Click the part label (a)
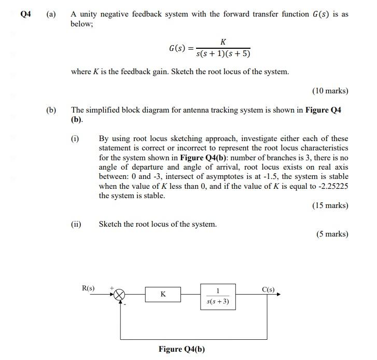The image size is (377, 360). pos(51,15)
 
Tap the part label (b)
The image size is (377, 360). pos(51,110)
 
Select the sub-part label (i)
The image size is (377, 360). pos(76,139)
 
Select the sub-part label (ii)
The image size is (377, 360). pos(76,224)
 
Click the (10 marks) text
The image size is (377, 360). pos(330,91)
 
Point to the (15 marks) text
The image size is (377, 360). pos(330,205)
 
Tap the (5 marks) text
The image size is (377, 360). pos(332,234)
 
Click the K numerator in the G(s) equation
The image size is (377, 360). pos(222,41)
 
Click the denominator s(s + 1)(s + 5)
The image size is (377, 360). pos(223,54)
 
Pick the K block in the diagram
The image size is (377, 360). pos(163,294)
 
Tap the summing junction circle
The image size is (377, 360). pos(120,294)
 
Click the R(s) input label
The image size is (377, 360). pos(89,287)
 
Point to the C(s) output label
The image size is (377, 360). pos(269,289)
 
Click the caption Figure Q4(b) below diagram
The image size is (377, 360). pos(181,349)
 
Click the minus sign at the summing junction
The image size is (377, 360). pos(125,303)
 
